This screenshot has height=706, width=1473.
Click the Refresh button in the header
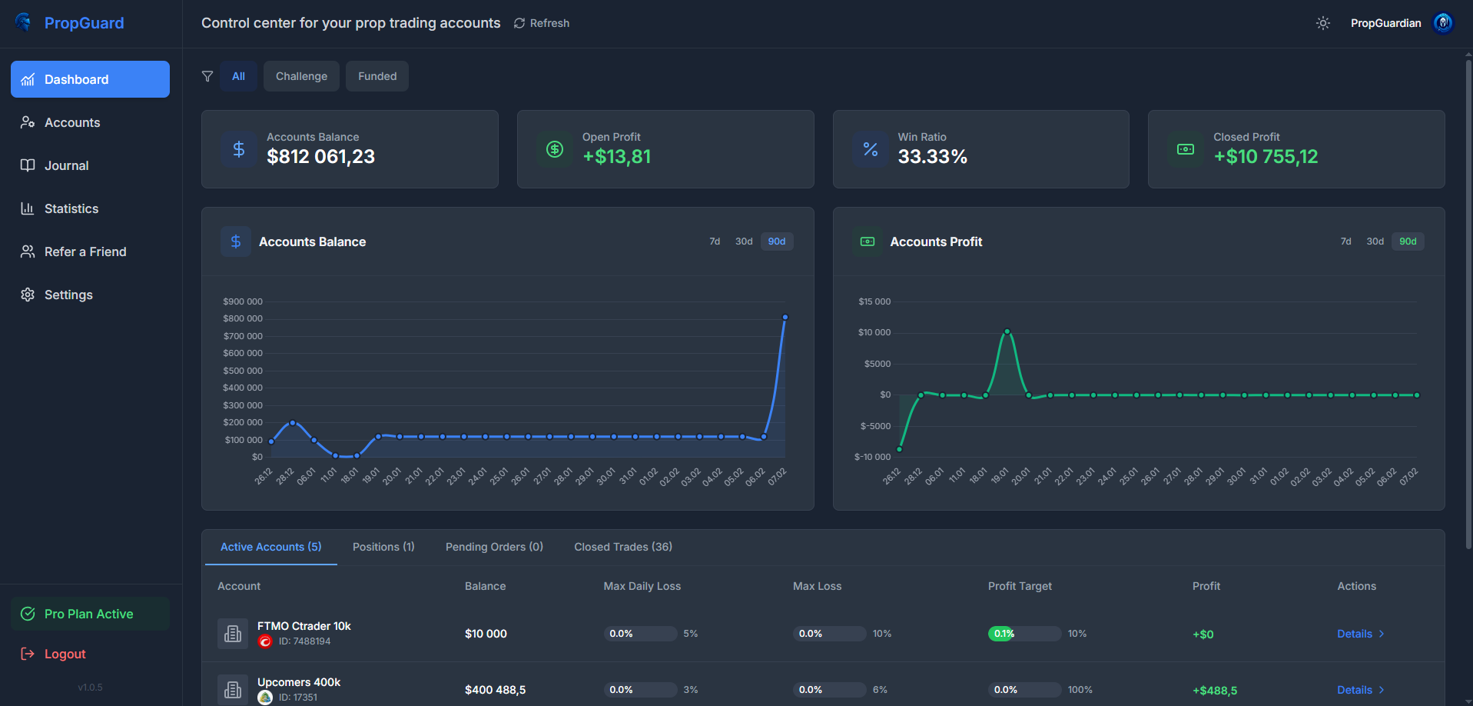coord(542,23)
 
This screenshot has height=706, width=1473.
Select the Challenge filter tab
coord(301,76)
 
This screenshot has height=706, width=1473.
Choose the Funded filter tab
coord(377,76)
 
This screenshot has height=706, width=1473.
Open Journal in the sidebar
coord(66,165)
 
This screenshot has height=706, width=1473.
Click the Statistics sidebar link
coord(71,208)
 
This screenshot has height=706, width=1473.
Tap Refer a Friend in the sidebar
coord(85,251)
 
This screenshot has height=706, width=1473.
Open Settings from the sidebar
coord(68,295)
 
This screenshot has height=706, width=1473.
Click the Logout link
coord(65,654)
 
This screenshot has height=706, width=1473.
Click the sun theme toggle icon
coord(1322,23)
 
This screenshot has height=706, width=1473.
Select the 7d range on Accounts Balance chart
coord(715,241)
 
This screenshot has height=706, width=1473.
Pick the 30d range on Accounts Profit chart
coord(1375,241)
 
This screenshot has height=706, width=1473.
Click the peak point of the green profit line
coord(1007,331)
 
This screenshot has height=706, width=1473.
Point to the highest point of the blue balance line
coord(785,317)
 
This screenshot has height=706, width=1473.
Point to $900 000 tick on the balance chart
coord(243,301)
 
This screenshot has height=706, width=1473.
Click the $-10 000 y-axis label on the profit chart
coord(872,457)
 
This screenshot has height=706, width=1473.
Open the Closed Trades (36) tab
coord(622,547)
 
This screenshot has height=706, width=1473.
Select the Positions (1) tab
coord(383,547)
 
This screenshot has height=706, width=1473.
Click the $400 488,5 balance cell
coord(495,690)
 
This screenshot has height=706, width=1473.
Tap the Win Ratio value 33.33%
coord(932,157)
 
